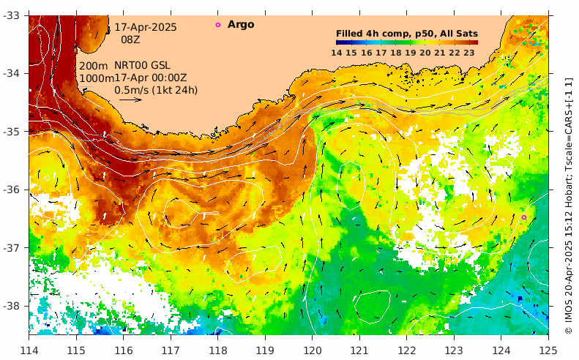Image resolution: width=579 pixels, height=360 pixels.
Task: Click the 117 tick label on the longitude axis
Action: click(x=171, y=345)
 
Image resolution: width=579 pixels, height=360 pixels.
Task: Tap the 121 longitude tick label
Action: click(x=359, y=345)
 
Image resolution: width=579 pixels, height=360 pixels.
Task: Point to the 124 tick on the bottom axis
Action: click(x=501, y=345)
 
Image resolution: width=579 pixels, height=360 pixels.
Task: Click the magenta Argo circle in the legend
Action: click(x=217, y=25)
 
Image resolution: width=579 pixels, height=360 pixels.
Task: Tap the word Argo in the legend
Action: click(x=241, y=25)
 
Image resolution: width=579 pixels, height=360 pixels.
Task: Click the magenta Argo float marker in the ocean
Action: click(x=524, y=217)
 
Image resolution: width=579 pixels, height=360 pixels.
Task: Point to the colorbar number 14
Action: click(x=337, y=52)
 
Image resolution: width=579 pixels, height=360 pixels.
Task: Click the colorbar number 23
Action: click(x=469, y=52)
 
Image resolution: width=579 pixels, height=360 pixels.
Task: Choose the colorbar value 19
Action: click(x=411, y=52)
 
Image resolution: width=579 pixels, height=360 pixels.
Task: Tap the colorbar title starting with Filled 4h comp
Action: click(x=407, y=33)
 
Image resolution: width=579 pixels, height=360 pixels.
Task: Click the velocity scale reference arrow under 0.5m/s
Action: click(x=130, y=100)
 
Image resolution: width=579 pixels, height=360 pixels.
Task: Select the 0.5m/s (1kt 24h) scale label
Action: click(x=156, y=90)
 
